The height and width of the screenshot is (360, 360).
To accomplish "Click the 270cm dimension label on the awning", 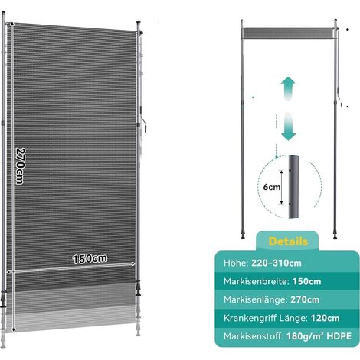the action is click(x=20, y=165).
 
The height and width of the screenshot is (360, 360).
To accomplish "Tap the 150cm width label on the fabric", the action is click(x=90, y=259).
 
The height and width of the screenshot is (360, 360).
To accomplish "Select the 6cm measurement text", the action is click(x=272, y=187).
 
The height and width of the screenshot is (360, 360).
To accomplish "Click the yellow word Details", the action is click(x=288, y=241).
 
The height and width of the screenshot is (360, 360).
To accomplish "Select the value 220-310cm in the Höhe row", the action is click(x=277, y=263).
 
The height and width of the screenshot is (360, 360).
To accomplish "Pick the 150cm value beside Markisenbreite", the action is click(x=306, y=281).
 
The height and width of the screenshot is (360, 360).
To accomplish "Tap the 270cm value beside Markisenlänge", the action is click(x=305, y=299).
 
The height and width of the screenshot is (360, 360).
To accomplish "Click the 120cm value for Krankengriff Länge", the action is click(x=325, y=318).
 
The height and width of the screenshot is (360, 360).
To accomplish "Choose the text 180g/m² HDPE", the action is click(x=319, y=336).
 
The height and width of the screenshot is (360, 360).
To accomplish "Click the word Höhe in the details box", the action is click(x=236, y=263).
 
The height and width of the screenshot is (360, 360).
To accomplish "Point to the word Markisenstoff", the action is click(x=254, y=336).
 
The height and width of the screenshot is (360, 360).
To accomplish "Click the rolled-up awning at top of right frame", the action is click(x=289, y=32).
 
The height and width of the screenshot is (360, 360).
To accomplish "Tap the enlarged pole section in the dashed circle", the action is click(x=294, y=187).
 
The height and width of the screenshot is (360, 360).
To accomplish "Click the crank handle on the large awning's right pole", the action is click(x=143, y=120).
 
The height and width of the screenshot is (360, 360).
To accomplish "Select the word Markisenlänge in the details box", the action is click(x=256, y=299).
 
